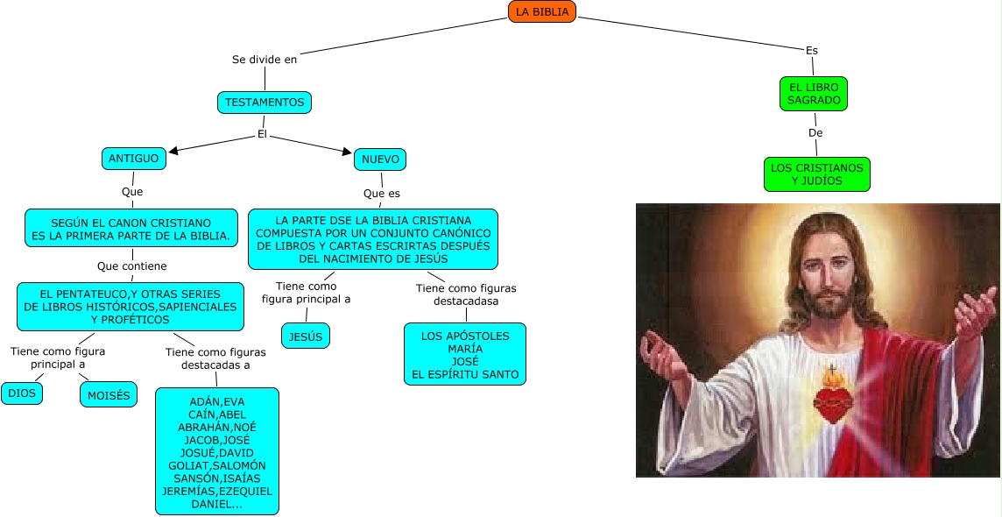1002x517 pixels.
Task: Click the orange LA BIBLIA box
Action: [x=542, y=11]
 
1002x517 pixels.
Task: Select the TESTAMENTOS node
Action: [x=265, y=103]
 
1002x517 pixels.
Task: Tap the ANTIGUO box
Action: [x=133, y=158]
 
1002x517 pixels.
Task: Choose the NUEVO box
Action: [x=380, y=159]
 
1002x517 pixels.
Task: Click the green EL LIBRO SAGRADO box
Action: [x=814, y=94]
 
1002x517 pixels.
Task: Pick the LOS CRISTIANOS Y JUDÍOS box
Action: [x=816, y=174]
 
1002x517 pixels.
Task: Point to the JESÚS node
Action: [x=306, y=336]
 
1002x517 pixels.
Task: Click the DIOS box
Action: [x=22, y=393]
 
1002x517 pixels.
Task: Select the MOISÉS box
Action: [x=109, y=396]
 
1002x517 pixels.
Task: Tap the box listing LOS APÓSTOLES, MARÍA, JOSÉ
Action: [x=464, y=355]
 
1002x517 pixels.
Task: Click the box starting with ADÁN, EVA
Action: [x=217, y=451]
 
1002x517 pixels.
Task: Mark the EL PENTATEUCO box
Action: [x=131, y=307]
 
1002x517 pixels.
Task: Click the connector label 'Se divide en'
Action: [x=264, y=60]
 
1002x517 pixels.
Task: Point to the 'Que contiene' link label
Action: [x=131, y=266]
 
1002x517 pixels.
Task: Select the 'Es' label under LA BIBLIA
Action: [x=811, y=51]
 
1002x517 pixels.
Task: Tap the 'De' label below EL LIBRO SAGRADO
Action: [x=815, y=133]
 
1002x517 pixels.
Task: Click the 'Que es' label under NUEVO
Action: [x=382, y=193]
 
